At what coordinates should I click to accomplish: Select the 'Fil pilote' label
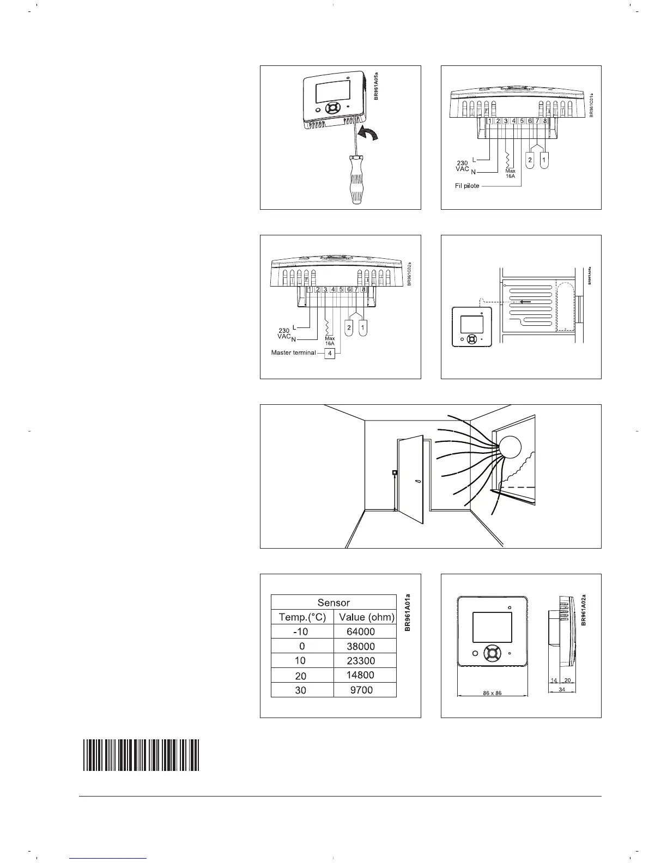pyautogui.click(x=467, y=186)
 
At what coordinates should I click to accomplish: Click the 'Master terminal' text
pyautogui.click(x=293, y=353)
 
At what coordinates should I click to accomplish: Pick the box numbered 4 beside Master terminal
pyautogui.click(x=330, y=353)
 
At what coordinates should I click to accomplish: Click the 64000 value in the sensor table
pyautogui.click(x=361, y=632)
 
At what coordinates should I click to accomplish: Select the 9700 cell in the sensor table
pyautogui.click(x=361, y=690)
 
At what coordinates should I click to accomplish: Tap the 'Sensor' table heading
pyautogui.click(x=333, y=603)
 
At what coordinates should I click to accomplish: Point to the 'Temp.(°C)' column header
pyautogui.click(x=302, y=617)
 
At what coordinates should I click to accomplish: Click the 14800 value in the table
pyautogui.click(x=361, y=675)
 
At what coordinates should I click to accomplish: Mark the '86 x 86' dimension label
pyautogui.click(x=492, y=694)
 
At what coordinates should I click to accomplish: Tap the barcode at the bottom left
pyautogui.click(x=141, y=755)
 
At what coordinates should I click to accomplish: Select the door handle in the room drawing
pyautogui.click(x=417, y=482)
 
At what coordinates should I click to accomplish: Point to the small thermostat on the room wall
pyautogui.click(x=395, y=472)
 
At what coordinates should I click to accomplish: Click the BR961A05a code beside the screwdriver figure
pyautogui.click(x=376, y=85)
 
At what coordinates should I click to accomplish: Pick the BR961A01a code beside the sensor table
pyautogui.click(x=407, y=612)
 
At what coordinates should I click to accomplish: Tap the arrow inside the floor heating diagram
pyautogui.click(x=525, y=301)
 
